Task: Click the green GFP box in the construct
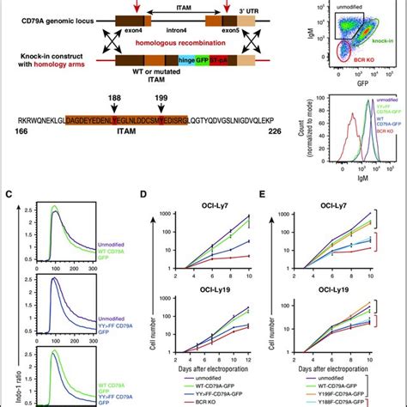pos(178,61)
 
